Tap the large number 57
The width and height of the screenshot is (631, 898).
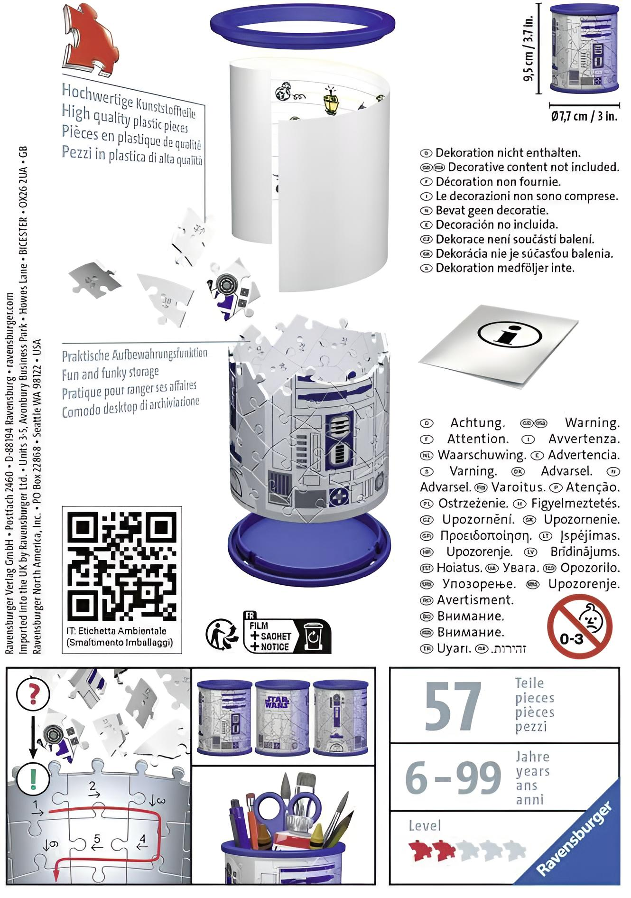(453, 706)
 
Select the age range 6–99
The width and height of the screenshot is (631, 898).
(453, 777)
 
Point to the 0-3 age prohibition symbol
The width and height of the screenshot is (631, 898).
(580, 626)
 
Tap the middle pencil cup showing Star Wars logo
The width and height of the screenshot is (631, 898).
(282, 717)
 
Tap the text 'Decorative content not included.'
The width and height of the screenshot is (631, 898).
(533, 167)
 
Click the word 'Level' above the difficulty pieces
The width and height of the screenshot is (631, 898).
(425, 826)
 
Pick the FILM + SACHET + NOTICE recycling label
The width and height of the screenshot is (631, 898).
(287, 636)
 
